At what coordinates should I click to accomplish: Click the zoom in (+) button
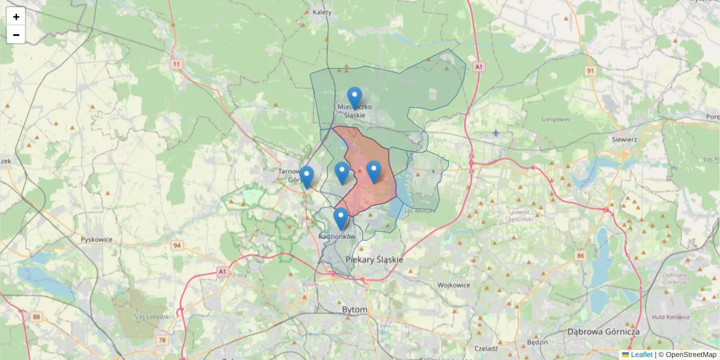[16, 17]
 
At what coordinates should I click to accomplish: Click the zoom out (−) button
[16, 35]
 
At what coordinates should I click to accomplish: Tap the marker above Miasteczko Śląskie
[355, 98]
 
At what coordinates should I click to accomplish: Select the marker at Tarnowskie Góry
[307, 177]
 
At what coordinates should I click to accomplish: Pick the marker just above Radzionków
[341, 219]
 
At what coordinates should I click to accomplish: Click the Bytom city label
[354, 310]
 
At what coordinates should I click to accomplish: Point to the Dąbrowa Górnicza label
[603, 331]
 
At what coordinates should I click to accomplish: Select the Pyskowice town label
[97, 239]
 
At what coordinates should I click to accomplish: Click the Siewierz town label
[624, 139]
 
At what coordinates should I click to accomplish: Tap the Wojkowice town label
[453, 286]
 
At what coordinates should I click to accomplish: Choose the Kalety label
[322, 11]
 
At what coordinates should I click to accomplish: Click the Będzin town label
[537, 342]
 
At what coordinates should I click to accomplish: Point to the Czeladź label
[486, 348]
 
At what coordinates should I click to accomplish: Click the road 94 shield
[177, 245]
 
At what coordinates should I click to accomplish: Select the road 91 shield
[591, 71]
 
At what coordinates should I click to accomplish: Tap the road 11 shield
[176, 64]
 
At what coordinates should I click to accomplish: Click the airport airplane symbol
[496, 133]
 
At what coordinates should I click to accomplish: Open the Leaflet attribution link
[641, 355]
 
